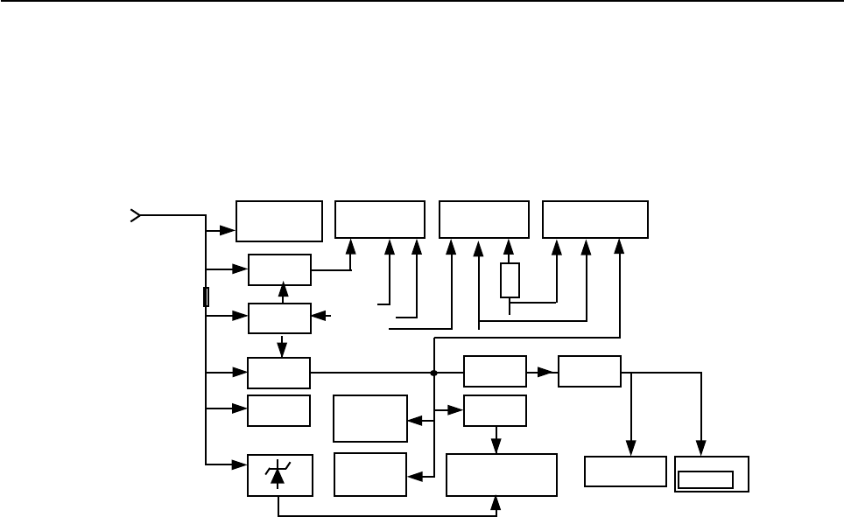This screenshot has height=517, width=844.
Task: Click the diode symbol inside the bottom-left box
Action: pyautogui.click(x=279, y=474)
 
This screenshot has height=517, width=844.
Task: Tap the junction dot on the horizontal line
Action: pyautogui.click(x=434, y=373)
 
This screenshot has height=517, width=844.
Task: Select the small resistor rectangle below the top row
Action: pyautogui.click(x=510, y=280)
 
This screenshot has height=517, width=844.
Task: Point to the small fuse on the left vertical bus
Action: pyautogui.click(x=206, y=297)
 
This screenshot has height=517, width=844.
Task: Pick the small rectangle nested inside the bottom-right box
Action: pyautogui.click(x=707, y=479)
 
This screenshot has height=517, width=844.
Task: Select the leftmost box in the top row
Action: pyautogui.click(x=279, y=220)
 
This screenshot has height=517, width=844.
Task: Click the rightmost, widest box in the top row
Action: pyautogui.click(x=595, y=220)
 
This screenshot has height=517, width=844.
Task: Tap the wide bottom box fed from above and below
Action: pyautogui.click(x=502, y=475)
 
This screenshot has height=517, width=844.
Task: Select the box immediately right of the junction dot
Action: pyautogui.click(x=495, y=371)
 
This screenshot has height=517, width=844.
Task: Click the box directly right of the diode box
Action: pyautogui.click(x=370, y=474)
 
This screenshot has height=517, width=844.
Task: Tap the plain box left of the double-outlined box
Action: pyautogui.click(x=625, y=472)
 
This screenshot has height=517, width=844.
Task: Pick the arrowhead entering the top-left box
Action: pyautogui.click(x=229, y=231)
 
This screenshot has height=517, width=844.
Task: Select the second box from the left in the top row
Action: pyautogui.click(x=380, y=220)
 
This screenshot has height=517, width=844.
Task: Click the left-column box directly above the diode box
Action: pyautogui.click(x=279, y=410)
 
